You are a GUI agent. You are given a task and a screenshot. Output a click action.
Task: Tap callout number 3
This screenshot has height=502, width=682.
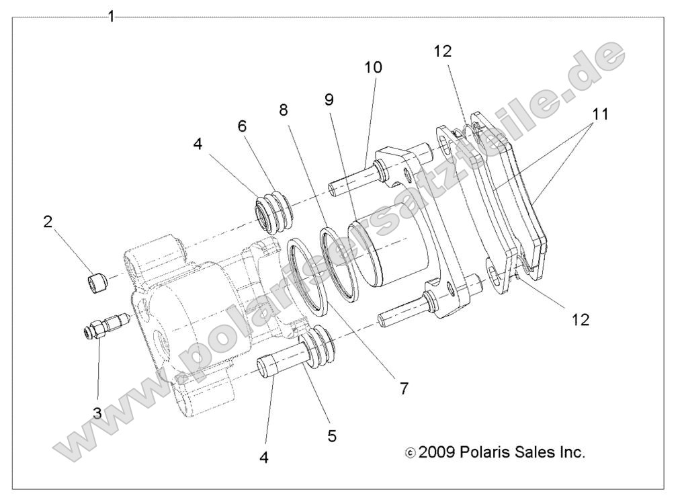pyautogui.click(x=97, y=413)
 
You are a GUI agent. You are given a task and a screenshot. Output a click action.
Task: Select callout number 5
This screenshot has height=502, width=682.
pyautogui.click(x=332, y=435)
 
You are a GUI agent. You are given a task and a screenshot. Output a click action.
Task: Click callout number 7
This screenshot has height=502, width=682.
pyautogui.click(x=404, y=388)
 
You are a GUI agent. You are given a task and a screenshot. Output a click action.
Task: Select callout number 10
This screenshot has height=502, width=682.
pyautogui.click(x=373, y=67)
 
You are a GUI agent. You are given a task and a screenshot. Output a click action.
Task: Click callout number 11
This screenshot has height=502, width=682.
pyautogui.click(x=601, y=114)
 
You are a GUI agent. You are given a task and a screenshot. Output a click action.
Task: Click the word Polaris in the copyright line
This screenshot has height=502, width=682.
pyautogui.click(x=486, y=452)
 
